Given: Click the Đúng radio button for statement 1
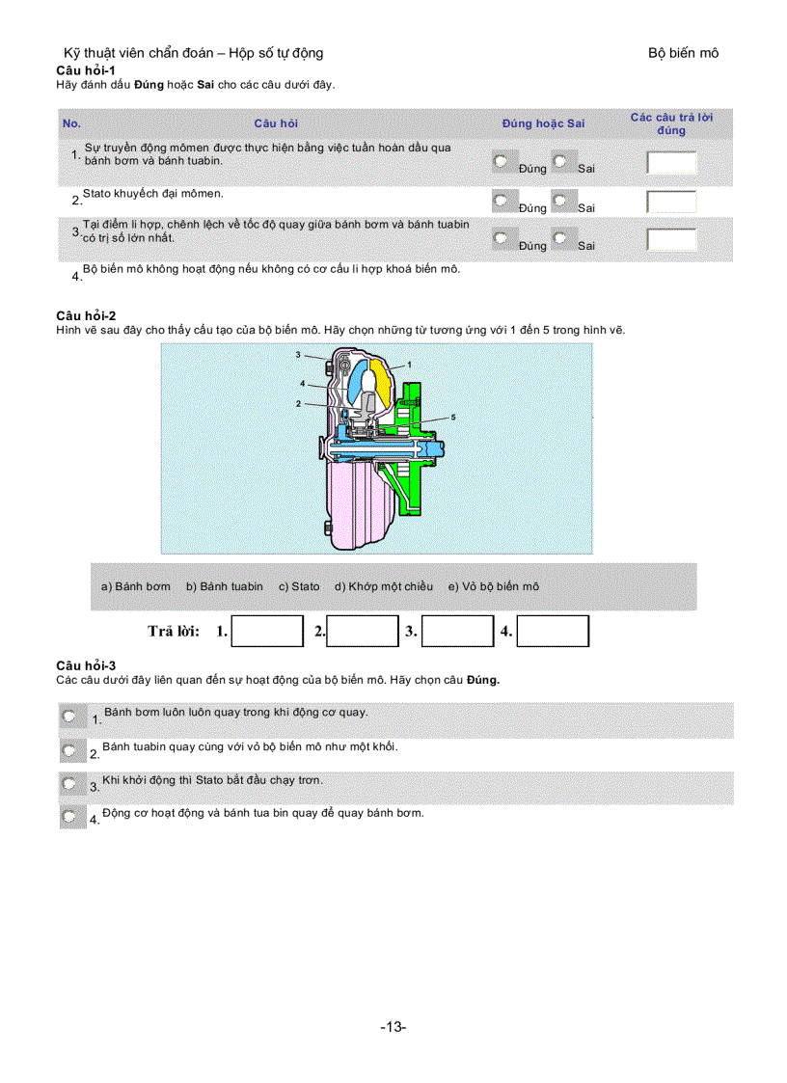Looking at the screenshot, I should (x=501, y=162).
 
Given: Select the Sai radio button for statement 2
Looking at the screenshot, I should (x=560, y=202).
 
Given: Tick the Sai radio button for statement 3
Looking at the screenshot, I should (x=560, y=239).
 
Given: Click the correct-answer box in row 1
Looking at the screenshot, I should (x=671, y=162).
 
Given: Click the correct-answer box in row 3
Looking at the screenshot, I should (x=671, y=240).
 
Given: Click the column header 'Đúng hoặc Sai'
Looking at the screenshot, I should (x=543, y=123).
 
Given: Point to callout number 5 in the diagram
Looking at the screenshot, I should (x=452, y=417).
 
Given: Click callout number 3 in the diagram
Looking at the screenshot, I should (x=299, y=355).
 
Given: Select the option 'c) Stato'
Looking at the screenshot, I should (x=299, y=586).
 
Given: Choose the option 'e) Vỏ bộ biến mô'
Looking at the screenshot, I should (x=494, y=586).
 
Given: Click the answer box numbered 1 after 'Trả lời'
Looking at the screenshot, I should (x=267, y=632).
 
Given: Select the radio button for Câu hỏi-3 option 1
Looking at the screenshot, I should (x=69, y=717).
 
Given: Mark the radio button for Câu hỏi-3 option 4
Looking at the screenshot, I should (x=69, y=817).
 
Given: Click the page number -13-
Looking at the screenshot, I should (x=393, y=1027).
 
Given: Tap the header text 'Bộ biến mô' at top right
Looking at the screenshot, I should (x=683, y=53).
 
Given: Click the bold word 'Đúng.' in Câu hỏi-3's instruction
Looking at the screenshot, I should (x=483, y=679).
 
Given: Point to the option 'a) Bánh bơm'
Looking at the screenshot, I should (x=136, y=586).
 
